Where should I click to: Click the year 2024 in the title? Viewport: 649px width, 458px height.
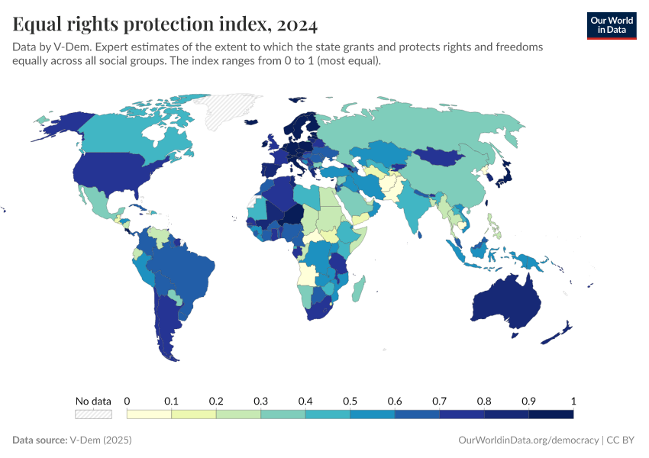293,24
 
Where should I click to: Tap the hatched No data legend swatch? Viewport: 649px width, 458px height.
93,414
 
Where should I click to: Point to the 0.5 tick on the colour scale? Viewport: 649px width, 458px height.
350,401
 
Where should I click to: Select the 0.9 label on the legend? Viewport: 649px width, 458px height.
528,401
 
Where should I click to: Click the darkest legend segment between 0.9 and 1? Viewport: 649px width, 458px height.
551,414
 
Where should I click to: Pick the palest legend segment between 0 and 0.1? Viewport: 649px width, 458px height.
149,414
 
